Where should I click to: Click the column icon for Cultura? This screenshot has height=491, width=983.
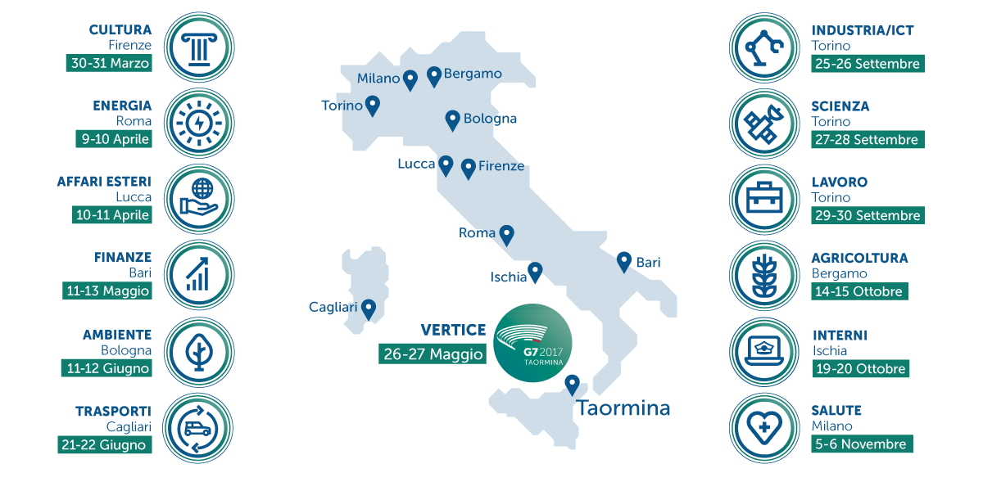tap(199, 47)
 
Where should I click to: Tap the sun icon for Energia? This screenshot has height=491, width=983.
tap(199, 123)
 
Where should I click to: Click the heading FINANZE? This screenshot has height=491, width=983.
tap(122, 258)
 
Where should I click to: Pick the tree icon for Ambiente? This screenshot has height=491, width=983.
tap(199, 352)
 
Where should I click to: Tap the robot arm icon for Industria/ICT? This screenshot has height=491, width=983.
tap(763, 47)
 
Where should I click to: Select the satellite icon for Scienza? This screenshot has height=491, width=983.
tap(763, 123)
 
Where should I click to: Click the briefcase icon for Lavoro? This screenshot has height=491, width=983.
tap(763, 199)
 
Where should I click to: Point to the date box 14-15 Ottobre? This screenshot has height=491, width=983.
tap(858, 291)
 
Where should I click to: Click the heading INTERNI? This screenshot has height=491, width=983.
tap(840, 336)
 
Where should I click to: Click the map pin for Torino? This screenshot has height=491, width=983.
tap(373, 106)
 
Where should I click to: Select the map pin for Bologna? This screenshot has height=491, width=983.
tap(451, 120)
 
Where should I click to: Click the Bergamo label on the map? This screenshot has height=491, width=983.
tap(473, 74)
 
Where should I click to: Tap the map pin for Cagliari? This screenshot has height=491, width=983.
tap(369, 309)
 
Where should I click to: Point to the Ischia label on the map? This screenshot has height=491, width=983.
tap(509, 277)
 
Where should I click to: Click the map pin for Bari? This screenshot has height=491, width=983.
tap(624, 261)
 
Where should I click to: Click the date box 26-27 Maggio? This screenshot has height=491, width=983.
tap(433, 354)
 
